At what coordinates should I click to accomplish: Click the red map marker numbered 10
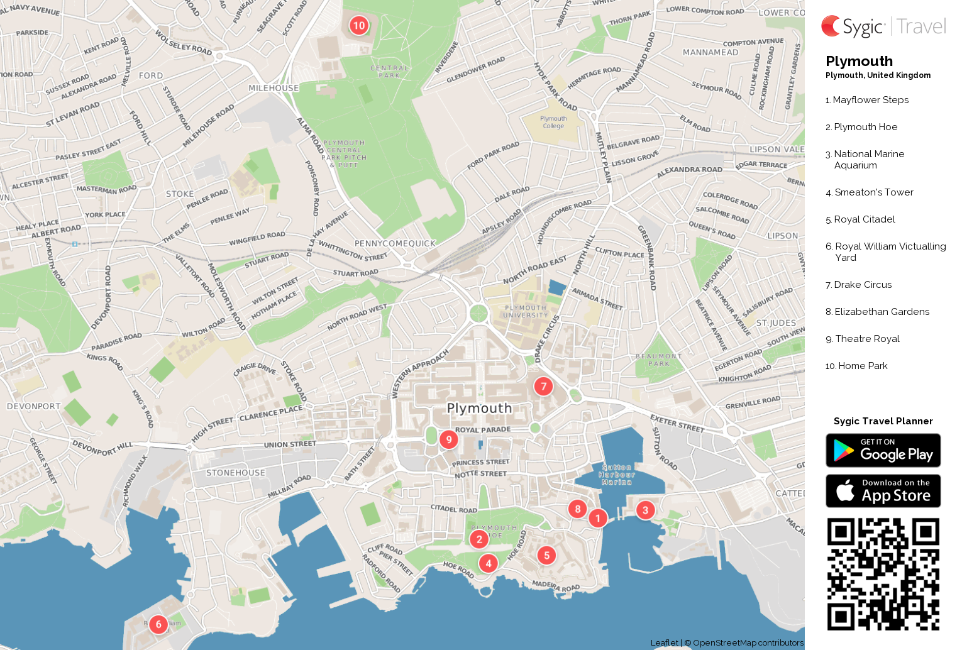click(358, 26)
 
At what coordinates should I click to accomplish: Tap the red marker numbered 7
click(543, 386)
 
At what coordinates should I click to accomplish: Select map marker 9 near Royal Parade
click(448, 439)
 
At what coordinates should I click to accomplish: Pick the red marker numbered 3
click(645, 510)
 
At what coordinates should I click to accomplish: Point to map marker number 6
click(158, 624)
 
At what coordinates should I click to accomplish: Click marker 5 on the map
click(546, 555)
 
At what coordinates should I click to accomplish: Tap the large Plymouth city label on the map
click(479, 408)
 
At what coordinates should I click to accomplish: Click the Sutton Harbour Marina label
click(616, 475)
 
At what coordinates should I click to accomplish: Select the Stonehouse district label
click(236, 473)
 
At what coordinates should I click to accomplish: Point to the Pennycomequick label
click(395, 243)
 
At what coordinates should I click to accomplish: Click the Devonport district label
click(34, 406)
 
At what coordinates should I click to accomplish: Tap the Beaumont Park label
click(658, 360)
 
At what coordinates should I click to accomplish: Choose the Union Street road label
click(290, 444)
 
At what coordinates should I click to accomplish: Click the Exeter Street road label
click(677, 423)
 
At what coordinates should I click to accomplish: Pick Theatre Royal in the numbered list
click(867, 339)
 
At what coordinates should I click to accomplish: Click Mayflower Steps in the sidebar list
click(870, 100)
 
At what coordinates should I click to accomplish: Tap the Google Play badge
click(883, 451)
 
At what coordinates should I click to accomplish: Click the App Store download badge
click(883, 491)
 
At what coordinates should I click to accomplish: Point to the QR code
click(883, 574)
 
